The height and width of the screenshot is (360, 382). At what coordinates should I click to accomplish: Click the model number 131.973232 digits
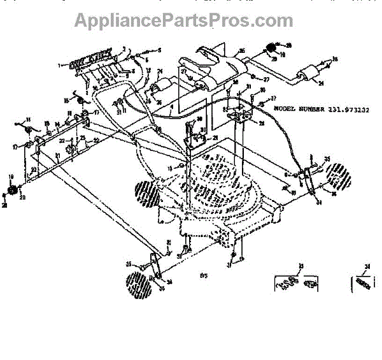[350, 109]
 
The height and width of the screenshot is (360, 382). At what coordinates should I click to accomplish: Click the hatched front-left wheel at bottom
[139, 284]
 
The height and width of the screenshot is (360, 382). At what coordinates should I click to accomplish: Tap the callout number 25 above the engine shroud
[242, 50]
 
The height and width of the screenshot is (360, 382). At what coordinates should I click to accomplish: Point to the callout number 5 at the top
[160, 50]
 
